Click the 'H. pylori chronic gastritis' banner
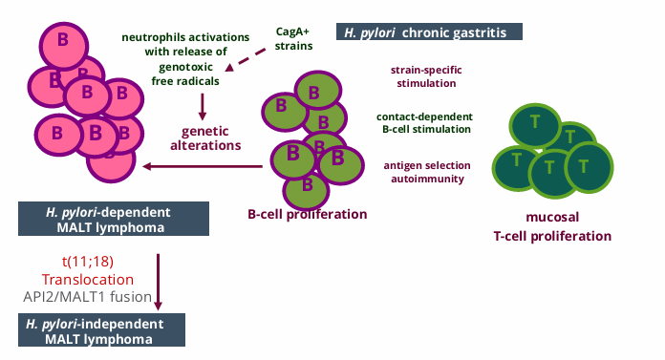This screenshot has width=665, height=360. click(x=429, y=31)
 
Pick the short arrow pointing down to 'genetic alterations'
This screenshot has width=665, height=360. click(x=203, y=105)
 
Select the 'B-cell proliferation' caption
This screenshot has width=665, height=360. click(x=307, y=214)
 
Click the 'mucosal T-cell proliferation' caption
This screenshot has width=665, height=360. click(x=552, y=226)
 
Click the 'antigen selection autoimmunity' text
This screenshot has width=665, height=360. click(x=424, y=171)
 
